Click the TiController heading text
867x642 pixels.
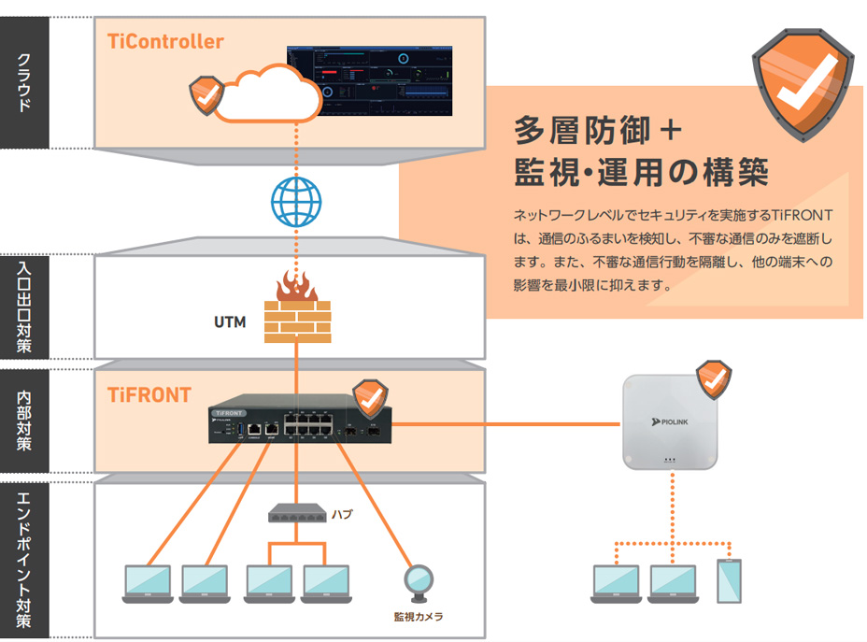pos(165,42)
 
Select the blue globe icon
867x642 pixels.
pos(295,201)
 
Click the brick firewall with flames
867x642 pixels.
pos(297,307)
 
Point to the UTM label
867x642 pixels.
pos(230,322)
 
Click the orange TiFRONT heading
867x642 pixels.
pos(149,395)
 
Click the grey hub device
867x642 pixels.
pos(296,513)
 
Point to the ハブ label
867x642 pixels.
pos(342,513)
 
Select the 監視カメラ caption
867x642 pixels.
pos(418,617)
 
